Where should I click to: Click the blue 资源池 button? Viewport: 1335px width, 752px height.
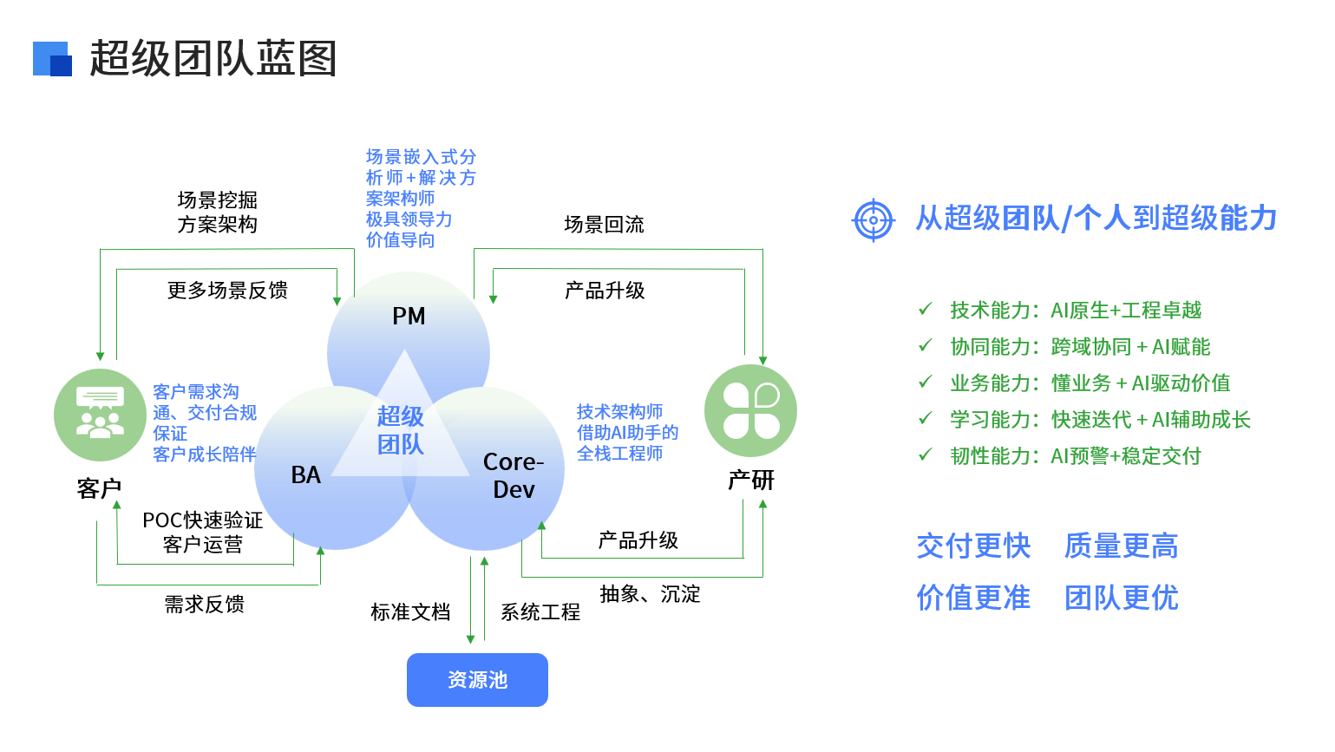(x=477, y=680)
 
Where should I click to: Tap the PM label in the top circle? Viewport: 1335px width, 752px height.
(x=409, y=317)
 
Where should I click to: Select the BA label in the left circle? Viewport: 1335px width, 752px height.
(x=306, y=475)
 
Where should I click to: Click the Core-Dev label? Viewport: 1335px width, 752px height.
(x=514, y=475)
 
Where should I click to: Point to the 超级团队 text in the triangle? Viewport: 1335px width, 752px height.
(x=401, y=430)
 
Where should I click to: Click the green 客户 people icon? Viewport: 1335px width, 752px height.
(x=100, y=415)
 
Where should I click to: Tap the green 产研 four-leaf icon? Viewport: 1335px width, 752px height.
(x=750, y=410)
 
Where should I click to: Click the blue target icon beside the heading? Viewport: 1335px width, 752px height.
(x=873, y=220)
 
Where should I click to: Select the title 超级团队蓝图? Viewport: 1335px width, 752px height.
(x=213, y=59)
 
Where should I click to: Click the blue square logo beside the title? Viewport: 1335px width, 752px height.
(x=52, y=59)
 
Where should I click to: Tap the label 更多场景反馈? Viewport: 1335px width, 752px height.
(x=227, y=291)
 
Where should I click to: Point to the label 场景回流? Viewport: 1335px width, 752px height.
(x=604, y=225)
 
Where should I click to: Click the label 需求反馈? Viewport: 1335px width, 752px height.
(x=205, y=605)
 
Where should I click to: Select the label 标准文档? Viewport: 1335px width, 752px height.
(x=410, y=612)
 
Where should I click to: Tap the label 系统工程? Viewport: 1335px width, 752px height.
(x=540, y=612)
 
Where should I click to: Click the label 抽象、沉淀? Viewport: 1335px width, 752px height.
(x=650, y=594)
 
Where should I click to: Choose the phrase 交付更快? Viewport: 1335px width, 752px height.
(x=973, y=546)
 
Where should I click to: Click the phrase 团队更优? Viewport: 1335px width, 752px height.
(x=1121, y=598)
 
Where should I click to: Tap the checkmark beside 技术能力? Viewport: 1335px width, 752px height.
(x=926, y=309)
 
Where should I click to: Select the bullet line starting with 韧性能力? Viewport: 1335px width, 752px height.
(x=1075, y=456)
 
